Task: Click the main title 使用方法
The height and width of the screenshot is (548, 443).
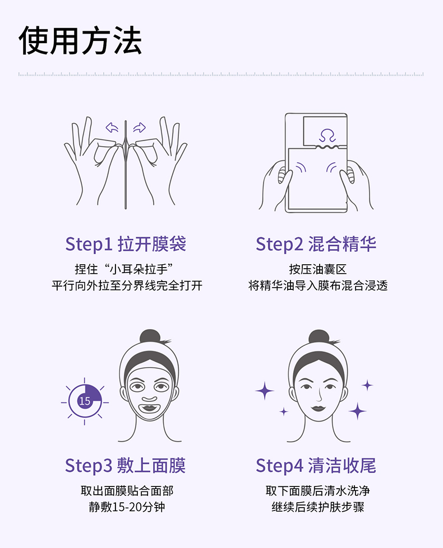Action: (80, 40)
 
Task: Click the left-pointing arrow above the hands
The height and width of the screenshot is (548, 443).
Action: (112, 128)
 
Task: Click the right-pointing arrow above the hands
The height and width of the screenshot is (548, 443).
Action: (140, 128)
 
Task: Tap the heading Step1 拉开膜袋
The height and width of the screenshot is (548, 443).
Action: (126, 244)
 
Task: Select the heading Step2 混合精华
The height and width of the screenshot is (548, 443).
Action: (316, 244)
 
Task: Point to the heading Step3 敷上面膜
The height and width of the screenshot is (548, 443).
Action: (126, 466)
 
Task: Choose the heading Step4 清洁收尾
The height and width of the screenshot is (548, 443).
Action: (316, 466)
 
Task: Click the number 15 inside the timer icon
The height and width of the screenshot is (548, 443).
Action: (85, 401)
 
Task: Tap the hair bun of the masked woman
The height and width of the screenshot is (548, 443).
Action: (150, 336)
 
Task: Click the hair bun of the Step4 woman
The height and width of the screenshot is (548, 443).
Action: (319, 336)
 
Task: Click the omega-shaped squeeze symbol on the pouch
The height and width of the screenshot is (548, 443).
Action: (327, 135)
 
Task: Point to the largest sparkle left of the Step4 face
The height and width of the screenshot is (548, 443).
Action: (265, 391)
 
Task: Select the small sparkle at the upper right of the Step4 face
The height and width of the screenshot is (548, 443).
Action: (367, 385)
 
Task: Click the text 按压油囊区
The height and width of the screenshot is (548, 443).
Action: (317, 269)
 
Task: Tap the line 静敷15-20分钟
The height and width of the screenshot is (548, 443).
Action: (127, 507)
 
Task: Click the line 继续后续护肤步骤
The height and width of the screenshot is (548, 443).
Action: (317, 507)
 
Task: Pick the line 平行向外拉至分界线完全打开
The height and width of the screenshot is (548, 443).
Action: (127, 285)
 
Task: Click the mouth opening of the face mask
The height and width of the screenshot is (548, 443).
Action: (149, 408)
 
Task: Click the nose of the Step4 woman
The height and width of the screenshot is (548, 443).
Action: (319, 397)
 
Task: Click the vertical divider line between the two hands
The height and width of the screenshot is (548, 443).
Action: (126, 164)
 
